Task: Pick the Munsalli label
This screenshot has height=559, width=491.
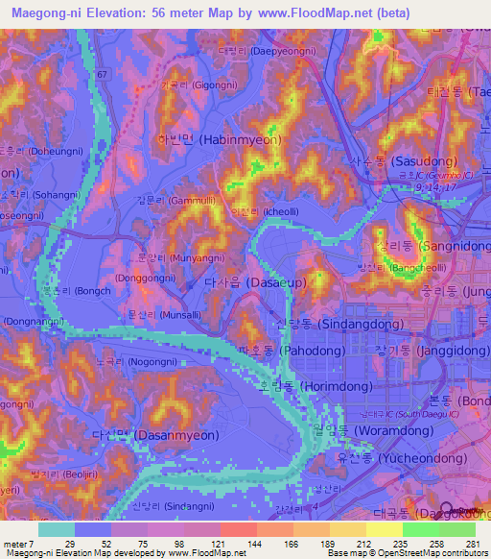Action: pyautogui.click(x=157, y=314)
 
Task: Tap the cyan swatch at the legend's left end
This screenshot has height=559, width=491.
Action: pyautogui.click(x=57, y=529)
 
